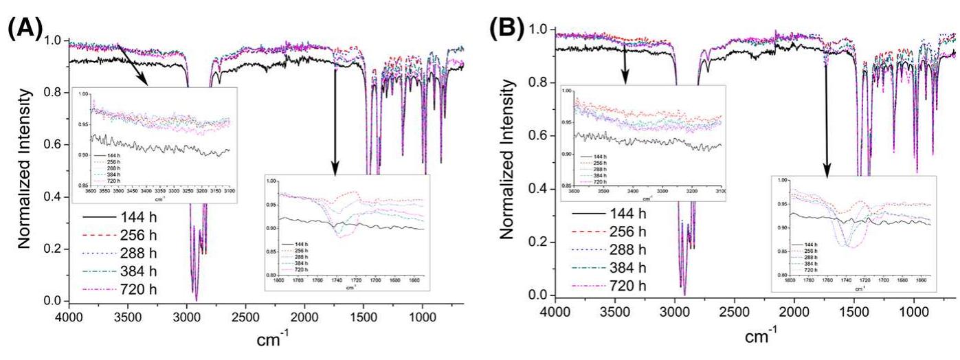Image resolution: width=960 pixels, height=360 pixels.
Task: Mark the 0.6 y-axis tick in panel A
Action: tap(52, 144)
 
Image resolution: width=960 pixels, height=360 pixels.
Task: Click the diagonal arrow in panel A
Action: tap(133, 65)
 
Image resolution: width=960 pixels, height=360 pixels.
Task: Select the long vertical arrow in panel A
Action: tap(335, 110)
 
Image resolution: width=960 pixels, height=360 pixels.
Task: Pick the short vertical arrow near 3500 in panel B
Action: tap(624, 65)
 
